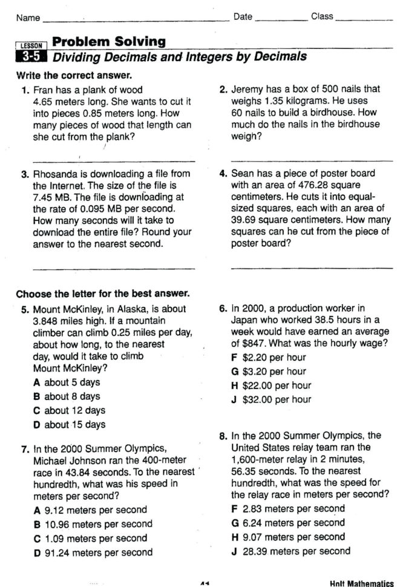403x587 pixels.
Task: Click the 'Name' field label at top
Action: pos(28,18)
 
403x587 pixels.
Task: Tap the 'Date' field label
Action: pos(243,16)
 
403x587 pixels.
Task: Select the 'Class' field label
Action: pos(322,16)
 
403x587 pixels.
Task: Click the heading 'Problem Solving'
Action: pos(109,42)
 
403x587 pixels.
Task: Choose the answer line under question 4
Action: pos(312,267)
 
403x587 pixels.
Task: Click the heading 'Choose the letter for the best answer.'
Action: pos(103,294)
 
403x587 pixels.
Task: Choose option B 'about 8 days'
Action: pos(67,396)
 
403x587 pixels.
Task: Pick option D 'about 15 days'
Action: pos(70,424)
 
